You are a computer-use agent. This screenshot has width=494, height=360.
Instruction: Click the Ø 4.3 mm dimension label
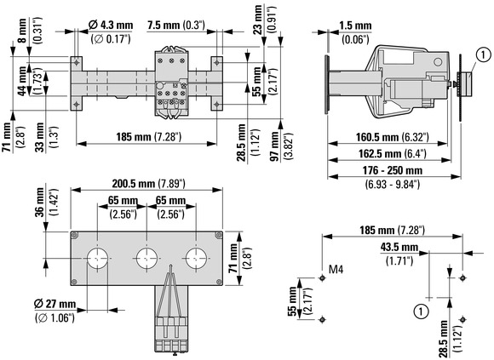point(111,25)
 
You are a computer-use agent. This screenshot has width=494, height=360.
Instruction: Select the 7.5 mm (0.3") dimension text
point(177,26)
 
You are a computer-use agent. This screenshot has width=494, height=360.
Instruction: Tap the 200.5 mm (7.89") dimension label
point(149,184)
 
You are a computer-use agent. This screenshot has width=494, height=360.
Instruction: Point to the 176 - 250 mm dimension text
point(393,170)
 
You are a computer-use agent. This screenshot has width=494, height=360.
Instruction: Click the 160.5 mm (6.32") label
point(393,137)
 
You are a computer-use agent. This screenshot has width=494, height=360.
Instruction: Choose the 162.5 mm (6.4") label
point(393,153)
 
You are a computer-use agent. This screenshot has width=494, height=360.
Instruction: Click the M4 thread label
point(336,270)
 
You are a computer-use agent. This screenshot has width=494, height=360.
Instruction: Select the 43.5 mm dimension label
point(399,247)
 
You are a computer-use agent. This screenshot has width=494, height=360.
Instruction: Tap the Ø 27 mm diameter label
point(55,304)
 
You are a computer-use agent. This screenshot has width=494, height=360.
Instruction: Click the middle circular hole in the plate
point(146,258)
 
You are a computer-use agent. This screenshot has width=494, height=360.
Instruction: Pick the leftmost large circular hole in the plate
point(97,258)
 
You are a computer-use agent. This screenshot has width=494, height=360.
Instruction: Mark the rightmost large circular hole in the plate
point(196,258)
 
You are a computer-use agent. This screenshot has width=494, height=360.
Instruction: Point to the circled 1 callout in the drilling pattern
point(422,311)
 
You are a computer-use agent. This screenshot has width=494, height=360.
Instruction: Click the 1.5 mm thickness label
point(355,26)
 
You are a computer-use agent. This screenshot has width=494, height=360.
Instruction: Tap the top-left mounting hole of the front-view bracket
point(77,63)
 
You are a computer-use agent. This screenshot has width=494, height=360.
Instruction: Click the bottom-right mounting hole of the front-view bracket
point(216,104)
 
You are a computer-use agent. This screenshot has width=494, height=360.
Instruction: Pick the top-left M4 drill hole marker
point(322,278)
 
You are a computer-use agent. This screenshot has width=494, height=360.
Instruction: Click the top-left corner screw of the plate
point(75,235)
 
